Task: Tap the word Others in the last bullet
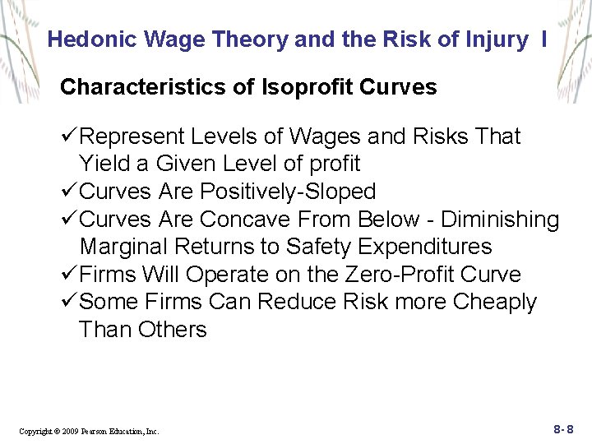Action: point(172,330)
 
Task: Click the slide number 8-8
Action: point(563,429)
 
